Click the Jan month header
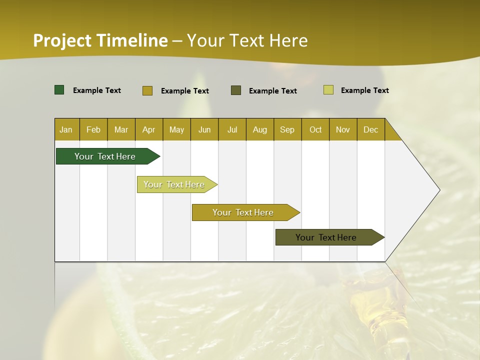coord(66,129)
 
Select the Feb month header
coord(93,129)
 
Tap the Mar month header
coord(121,129)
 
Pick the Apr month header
coord(149,129)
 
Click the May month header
coord(176,129)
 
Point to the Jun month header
coord(204,129)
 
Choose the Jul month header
coord(232,129)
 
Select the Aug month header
coord(260,129)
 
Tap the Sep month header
coord(287,129)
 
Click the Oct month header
coord(315,129)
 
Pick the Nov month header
coord(343,129)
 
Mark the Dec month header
coord(371,129)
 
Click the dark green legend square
coord(59,90)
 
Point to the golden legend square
coord(147,90)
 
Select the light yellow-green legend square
coord(328,90)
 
